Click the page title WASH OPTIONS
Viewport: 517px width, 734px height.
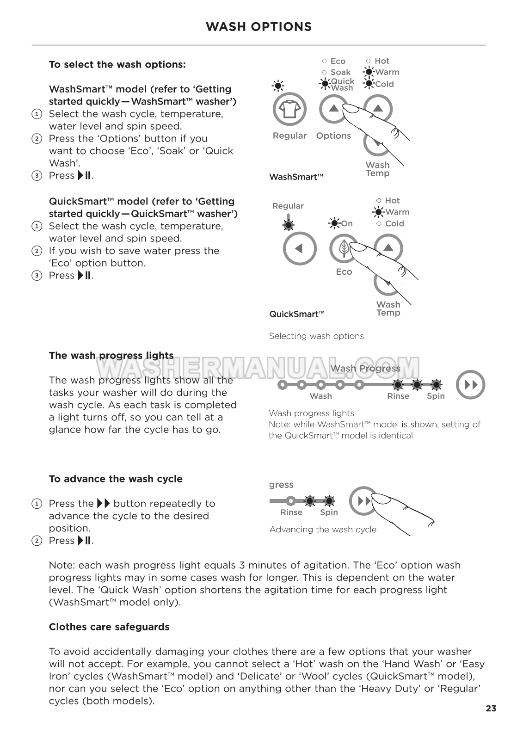click(258, 27)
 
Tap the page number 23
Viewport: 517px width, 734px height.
click(491, 708)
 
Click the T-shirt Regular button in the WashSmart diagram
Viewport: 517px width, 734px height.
click(289, 110)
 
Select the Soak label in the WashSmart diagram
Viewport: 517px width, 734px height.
click(340, 72)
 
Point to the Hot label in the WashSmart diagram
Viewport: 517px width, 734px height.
click(382, 61)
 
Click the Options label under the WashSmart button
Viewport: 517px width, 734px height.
click(333, 136)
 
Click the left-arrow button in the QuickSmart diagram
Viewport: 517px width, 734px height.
click(300, 248)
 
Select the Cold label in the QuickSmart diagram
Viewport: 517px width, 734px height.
click(394, 223)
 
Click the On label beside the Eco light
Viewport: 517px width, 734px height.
click(347, 224)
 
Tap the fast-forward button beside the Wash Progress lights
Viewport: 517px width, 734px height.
click(470, 385)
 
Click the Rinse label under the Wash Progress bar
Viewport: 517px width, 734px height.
click(398, 396)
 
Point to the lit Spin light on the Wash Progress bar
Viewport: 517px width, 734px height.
click(436, 384)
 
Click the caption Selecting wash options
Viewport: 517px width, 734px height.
click(316, 336)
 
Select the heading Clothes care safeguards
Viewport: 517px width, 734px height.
click(109, 627)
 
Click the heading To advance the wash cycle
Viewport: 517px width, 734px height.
click(116, 479)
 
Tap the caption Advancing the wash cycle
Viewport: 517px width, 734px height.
click(323, 530)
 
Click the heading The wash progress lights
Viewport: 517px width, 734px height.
click(111, 356)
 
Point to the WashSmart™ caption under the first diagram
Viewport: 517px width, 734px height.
click(296, 177)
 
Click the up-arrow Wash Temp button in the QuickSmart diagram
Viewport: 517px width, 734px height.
click(388, 248)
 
